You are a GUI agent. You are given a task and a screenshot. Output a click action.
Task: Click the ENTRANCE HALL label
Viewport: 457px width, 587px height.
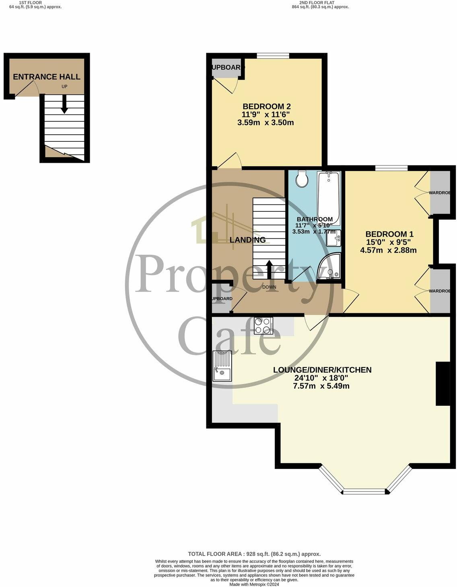click(47, 77)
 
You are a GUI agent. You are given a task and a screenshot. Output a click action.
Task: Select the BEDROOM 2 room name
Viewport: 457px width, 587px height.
click(266, 106)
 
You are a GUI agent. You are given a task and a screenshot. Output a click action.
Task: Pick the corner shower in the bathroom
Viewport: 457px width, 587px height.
click(329, 267)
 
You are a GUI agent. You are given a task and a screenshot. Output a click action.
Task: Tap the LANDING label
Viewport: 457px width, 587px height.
click(247, 240)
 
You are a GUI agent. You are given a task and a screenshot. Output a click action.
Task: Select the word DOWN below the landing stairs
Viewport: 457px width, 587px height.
click(269, 287)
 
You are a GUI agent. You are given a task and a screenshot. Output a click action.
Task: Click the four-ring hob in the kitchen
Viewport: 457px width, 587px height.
click(263, 325)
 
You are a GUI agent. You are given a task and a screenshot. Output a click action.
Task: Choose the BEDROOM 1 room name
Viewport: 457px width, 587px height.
click(389, 234)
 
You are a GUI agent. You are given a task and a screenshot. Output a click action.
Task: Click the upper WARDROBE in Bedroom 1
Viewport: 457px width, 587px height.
click(440, 193)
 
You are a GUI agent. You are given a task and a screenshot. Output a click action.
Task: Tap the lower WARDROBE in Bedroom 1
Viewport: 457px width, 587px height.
click(440, 291)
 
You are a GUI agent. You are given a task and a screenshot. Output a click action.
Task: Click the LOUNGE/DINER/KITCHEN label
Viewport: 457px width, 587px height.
click(322, 370)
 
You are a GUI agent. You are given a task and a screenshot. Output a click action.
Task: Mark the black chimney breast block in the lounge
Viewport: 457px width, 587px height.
click(443, 384)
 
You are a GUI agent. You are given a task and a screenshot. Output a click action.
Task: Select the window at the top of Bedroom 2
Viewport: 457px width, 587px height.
click(273, 56)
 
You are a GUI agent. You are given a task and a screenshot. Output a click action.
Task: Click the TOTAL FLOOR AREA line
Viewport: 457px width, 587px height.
click(254, 554)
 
